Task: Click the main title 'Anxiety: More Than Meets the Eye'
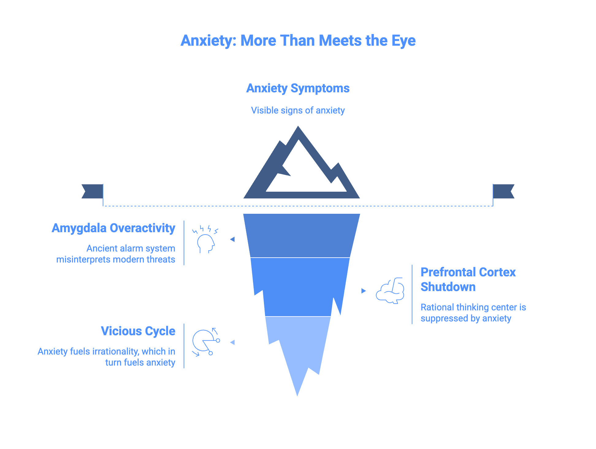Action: click(298, 40)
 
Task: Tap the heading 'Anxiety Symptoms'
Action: click(298, 88)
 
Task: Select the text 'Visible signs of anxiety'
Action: click(298, 110)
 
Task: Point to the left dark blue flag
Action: click(92, 191)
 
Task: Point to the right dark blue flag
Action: click(503, 191)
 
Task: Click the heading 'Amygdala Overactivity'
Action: click(113, 228)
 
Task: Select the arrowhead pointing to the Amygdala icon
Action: click(232, 239)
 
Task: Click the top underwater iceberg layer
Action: click(301, 236)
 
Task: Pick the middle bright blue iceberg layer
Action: click(299, 287)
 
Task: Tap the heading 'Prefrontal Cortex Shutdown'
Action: click(468, 279)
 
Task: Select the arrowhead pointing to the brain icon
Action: click(364, 291)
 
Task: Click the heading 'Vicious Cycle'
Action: click(138, 331)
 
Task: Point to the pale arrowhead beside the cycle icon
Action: click(232, 342)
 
